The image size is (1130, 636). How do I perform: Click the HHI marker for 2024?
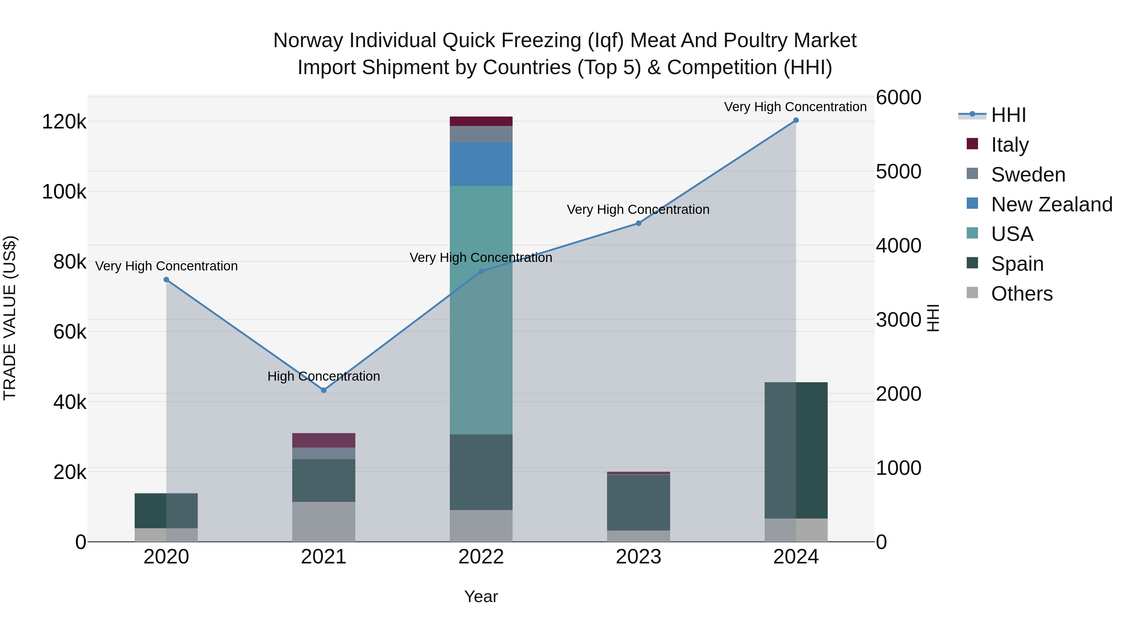pyautogui.click(x=796, y=120)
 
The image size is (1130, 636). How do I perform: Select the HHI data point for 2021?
pyautogui.click(x=324, y=390)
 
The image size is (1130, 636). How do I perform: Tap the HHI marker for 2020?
pyautogui.click(x=166, y=280)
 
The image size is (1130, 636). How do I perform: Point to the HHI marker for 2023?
pyautogui.click(x=638, y=223)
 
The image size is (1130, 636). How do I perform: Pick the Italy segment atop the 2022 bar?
pyautogui.click(x=481, y=121)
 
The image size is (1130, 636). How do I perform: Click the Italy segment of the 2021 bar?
pyautogui.click(x=324, y=440)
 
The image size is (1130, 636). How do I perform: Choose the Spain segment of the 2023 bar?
pyautogui.click(x=638, y=502)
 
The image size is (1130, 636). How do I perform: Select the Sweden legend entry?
pyautogui.click(x=1028, y=175)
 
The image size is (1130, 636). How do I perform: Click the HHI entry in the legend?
pyautogui.click(x=1008, y=115)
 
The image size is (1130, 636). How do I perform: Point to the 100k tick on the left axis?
pyautogui.click(x=64, y=192)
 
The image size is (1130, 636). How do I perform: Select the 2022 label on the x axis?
pyautogui.click(x=481, y=557)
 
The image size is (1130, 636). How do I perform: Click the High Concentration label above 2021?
pyautogui.click(x=324, y=376)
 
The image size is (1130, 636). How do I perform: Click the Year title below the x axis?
pyautogui.click(x=481, y=596)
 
